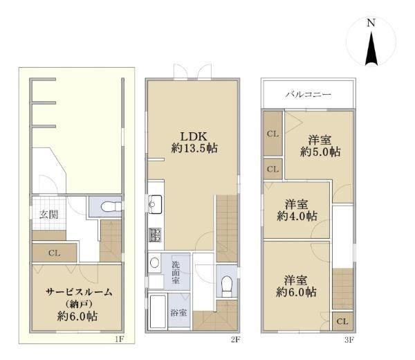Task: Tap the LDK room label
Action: [194, 136]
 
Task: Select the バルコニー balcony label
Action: [308, 94]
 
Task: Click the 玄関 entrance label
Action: [48, 215]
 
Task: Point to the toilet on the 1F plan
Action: [111, 206]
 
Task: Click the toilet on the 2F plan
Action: [227, 286]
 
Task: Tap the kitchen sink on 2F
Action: [155, 204]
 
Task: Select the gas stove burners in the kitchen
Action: [155, 235]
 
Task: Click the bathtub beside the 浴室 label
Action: [158, 312]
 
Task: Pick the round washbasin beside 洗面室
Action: [154, 263]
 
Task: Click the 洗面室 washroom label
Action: [176, 272]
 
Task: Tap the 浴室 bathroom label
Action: [178, 313]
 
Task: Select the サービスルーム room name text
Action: [79, 292]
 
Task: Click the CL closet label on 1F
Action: [54, 253]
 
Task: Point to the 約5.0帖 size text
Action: [320, 152]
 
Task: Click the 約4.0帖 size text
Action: [297, 216]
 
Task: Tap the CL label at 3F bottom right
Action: [342, 322]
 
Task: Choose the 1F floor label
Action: [120, 339]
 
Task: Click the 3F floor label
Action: [349, 340]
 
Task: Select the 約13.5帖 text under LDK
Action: [194, 148]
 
